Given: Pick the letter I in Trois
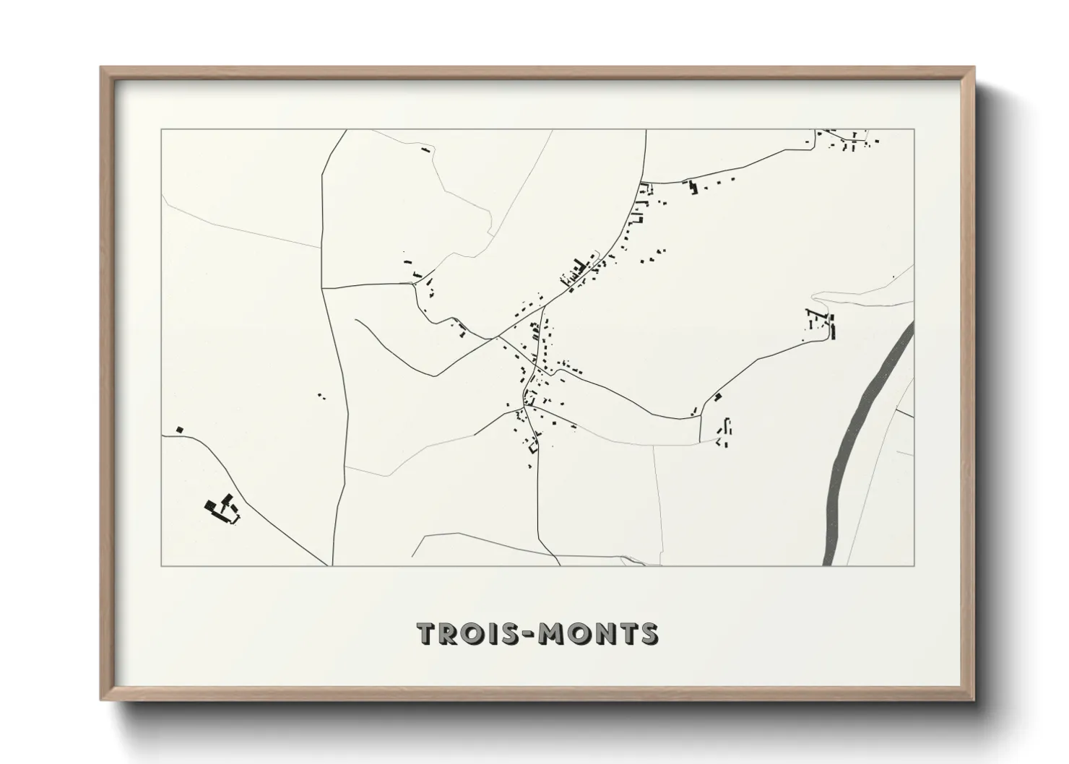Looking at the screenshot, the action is [x=490, y=634].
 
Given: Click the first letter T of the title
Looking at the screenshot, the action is [x=426, y=634].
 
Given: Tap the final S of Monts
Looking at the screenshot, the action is [x=648, y=634].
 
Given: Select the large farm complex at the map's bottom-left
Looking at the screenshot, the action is [x=222, y=509].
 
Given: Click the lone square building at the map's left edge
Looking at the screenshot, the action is [x=180, y=430].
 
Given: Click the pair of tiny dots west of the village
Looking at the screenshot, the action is [x=321, y=396].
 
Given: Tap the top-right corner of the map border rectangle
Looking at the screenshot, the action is [x=914, y=130].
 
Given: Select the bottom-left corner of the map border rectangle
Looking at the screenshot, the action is [x=161, y=565].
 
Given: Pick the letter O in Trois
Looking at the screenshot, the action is [x=470, y=634].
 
